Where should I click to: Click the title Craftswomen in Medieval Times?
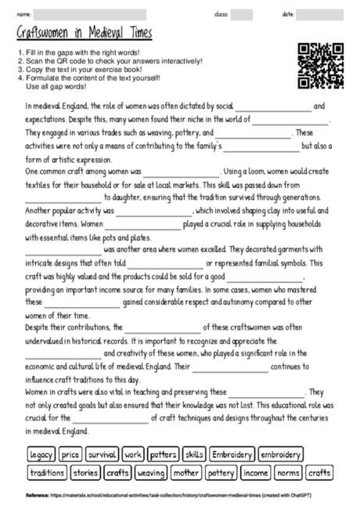[x=85, y=34]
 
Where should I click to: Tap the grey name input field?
[x=90, y=13]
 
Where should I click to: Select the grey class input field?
[x=241, y=13]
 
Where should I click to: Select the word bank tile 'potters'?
[x=163, y=453]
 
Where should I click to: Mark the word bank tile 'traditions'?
[x=46, y=472]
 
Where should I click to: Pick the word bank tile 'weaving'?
[x=150, y=472]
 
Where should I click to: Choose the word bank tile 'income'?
[x=255, y=472]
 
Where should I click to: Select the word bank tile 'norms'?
[x=287, y=472]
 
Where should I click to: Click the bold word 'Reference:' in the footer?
[x=37, y=496]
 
